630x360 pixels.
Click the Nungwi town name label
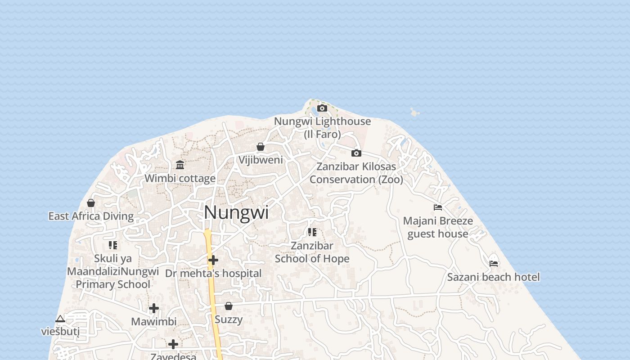[x=236, y=212]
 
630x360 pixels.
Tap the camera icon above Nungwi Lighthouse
[x=322, y=108]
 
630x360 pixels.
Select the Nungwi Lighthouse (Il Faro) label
[x=322, y=127]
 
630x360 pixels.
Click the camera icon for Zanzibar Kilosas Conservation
[x=356, y=153]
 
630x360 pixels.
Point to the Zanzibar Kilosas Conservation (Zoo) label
[x=356, y=173]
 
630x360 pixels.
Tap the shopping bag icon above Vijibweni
[x=260, y=147]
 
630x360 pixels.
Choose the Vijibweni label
[x=261, y=160]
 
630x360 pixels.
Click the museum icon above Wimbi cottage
[x=180, y=165]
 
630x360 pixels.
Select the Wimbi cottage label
[x=180, y=178]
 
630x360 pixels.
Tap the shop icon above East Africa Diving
[x=91, y=203]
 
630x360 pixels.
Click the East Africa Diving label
[x=91, y=216]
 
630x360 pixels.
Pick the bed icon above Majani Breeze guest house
[x=437, y=207]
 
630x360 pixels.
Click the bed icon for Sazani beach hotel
[x=494, y=263]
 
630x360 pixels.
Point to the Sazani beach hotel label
[x=493, y=277]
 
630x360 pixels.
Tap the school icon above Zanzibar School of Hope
[x=312, y=232]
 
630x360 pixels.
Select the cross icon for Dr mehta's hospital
[x=213, y=260]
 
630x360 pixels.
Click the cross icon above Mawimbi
[x=154, y=308]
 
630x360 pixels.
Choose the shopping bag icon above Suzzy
[x=229, y=306]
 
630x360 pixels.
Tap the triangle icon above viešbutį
[x=60, y=319]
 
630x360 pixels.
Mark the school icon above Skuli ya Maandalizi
[x=113, y=245]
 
